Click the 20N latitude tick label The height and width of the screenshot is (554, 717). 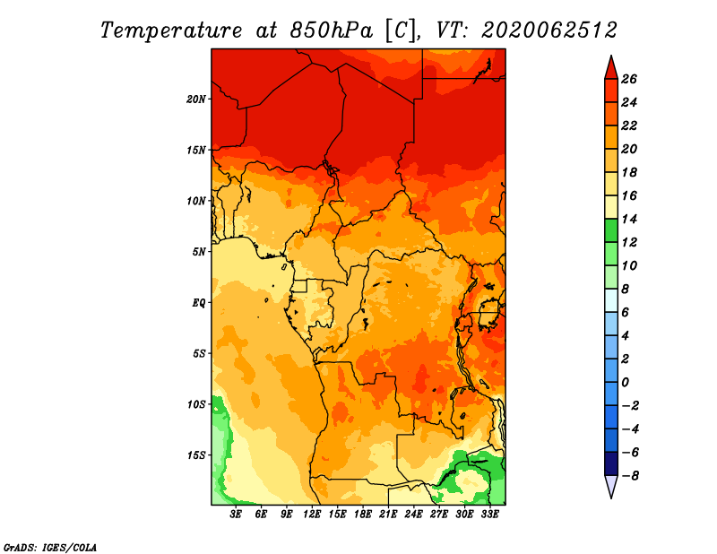coord(196,100)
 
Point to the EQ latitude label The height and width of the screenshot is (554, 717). coord(199,303)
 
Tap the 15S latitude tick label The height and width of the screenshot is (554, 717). coord(196,455)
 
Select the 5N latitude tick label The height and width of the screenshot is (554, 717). coord(199,252)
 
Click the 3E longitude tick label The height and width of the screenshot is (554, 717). coord(236,515)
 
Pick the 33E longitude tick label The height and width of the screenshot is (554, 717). coord(489,515)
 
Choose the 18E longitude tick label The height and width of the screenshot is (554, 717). coord(363,515)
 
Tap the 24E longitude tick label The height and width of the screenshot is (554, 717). coord(413,515)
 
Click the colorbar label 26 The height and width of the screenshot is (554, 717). coord(629,79)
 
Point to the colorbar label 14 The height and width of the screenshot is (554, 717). coord(629,219)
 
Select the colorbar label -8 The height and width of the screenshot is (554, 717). coord(630,476)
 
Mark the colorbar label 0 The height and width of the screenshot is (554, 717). coord(625,383)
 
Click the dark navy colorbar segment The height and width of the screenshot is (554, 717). coord(611,463)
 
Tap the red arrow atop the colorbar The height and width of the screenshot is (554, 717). coord(611,68)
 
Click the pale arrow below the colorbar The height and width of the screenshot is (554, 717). coord(611,487)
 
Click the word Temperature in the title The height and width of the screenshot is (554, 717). coord(171,30)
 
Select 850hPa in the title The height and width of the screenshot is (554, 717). coord(331,30)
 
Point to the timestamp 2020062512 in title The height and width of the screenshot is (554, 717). coord(549,30)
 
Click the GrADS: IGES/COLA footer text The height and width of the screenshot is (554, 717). coord(50,548)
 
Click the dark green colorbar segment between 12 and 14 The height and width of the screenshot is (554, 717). coord(611,230)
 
